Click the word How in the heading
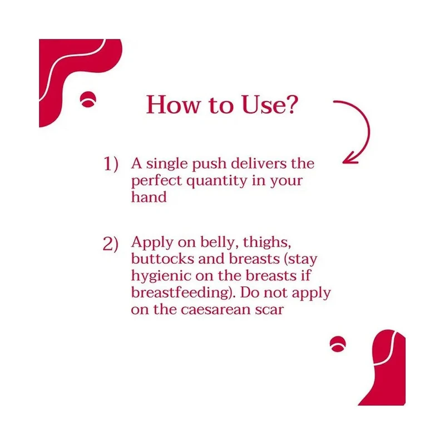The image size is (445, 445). click(173, 105)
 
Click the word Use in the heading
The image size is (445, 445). click(263, 105)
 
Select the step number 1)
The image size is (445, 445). click(110, 164)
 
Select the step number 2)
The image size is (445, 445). click(110, 244)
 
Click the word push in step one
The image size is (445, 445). click(209, 165)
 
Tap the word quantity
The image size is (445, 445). click(217, 181)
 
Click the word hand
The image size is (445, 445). click(149, 197)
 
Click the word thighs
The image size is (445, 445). click(267, 243)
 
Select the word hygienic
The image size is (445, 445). click(161, 276)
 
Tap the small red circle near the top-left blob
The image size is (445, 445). click(88, 100)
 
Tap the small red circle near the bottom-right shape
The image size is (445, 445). click(338, 344)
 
